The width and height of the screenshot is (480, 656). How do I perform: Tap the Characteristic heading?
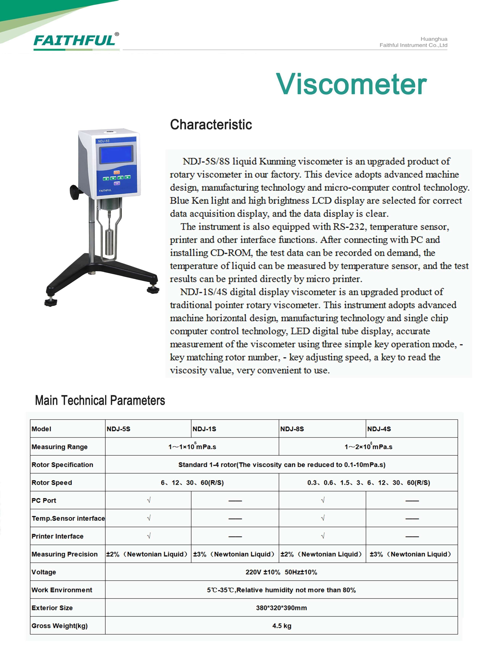pos(211,125)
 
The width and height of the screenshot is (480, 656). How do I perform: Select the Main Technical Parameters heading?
pos(100,400)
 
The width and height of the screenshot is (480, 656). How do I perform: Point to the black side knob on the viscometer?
pos(75,191)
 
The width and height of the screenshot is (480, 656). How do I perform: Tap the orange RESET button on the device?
pos(117,172)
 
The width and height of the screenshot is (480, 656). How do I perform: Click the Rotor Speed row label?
pos(52,483)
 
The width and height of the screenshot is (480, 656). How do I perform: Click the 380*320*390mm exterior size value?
pos(281,608)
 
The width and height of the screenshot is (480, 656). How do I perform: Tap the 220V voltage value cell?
pos(281,572)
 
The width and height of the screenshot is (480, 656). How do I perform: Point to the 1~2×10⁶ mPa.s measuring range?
pos(368,447)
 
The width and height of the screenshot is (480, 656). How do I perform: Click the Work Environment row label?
pos(62,590)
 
